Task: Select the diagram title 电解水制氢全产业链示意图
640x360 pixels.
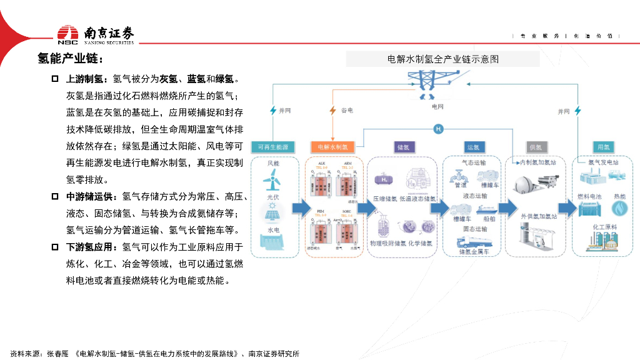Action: [x=442, y=59]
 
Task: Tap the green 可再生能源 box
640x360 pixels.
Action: [x=273, y=147]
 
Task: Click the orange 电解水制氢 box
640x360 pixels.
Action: [x=333, y=147]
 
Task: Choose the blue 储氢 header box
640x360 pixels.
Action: [x=403, y=147]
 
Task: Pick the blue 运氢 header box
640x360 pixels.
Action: [x=472, y=147]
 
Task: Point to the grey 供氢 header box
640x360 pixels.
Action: [x=535, y=147]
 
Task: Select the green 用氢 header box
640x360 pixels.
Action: [x=603, y=147]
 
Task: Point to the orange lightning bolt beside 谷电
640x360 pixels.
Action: [x=332, y=111]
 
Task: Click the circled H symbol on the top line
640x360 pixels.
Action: [x=438, y=129]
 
